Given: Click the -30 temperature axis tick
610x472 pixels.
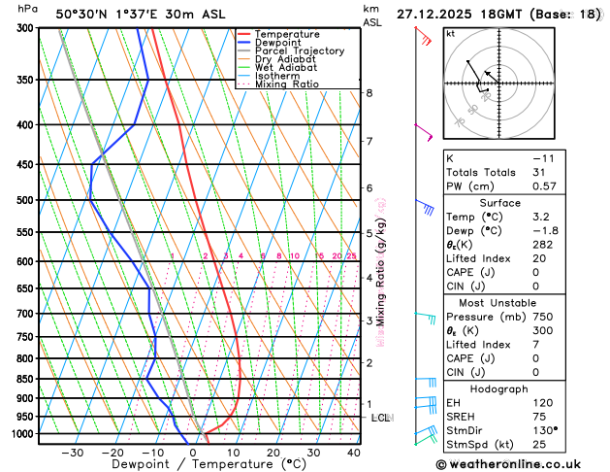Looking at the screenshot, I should (x=72, y=453).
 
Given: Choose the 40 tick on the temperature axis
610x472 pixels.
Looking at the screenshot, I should (x=353, y=453).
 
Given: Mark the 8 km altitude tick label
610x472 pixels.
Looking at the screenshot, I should (x=369, y=93).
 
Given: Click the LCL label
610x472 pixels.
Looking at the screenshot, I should (x=380, y=418).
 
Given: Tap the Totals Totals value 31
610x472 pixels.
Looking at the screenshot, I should (x=539, y=172).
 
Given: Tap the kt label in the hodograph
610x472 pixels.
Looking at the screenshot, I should (x=450, y=33).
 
